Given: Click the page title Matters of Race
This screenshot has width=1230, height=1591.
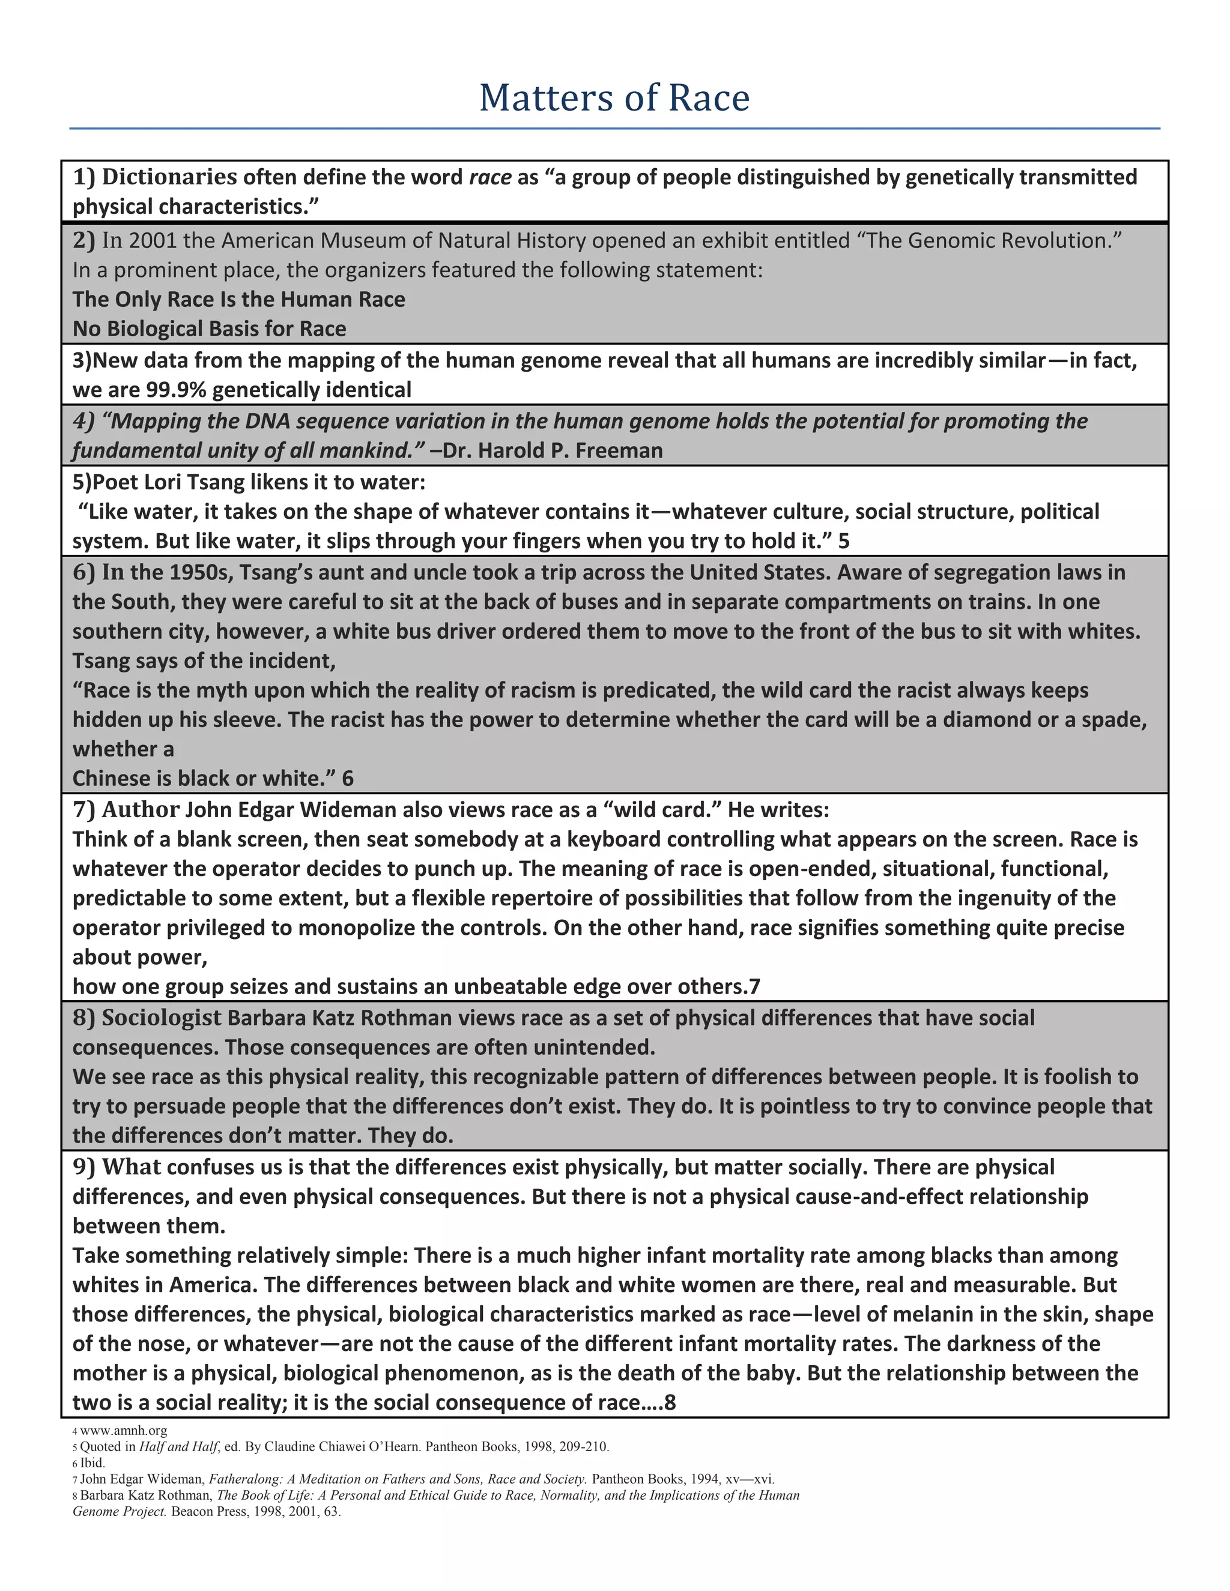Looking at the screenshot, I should pyautogui.click(x=614, y=98).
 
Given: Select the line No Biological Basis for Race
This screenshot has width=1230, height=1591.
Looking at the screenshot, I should pyautogui.click(x=209, y=328).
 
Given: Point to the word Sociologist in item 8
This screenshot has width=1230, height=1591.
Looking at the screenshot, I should pyautogui.click(x=161, y=1018).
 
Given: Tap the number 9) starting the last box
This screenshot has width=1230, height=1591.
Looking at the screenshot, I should pyautogui.click(x=84, y=1167).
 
